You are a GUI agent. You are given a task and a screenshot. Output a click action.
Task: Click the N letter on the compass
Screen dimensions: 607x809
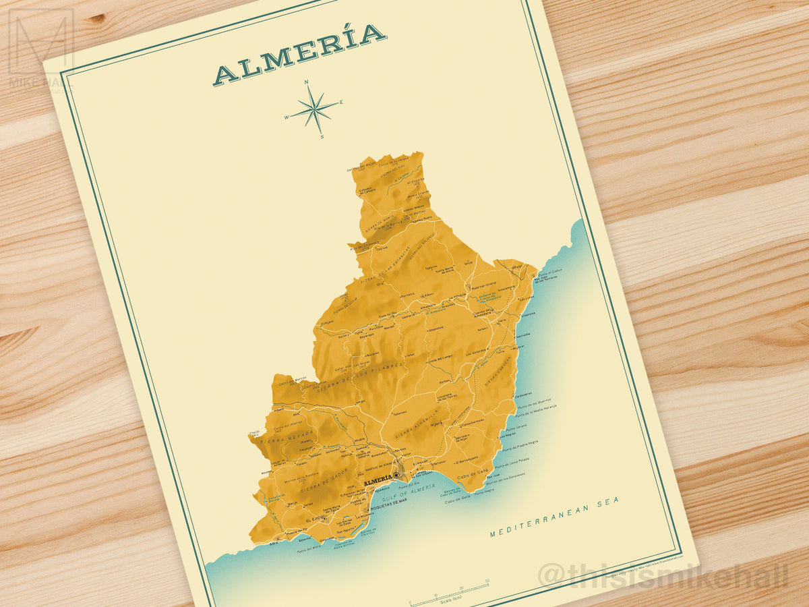[307, 82]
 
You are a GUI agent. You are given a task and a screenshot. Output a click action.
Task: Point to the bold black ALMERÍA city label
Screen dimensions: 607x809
[377, 480]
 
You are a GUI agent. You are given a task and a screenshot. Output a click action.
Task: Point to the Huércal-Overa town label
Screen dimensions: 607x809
[482, 283]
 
